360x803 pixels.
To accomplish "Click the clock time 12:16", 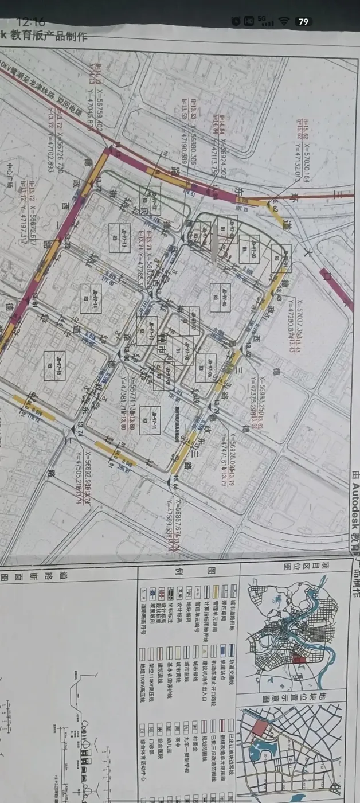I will point(31,21).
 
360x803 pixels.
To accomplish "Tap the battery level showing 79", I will point(304,22).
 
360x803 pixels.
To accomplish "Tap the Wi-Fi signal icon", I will point(284,21).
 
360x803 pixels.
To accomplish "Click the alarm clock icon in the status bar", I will point(236,21).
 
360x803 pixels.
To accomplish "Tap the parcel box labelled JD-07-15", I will point(55,365).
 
